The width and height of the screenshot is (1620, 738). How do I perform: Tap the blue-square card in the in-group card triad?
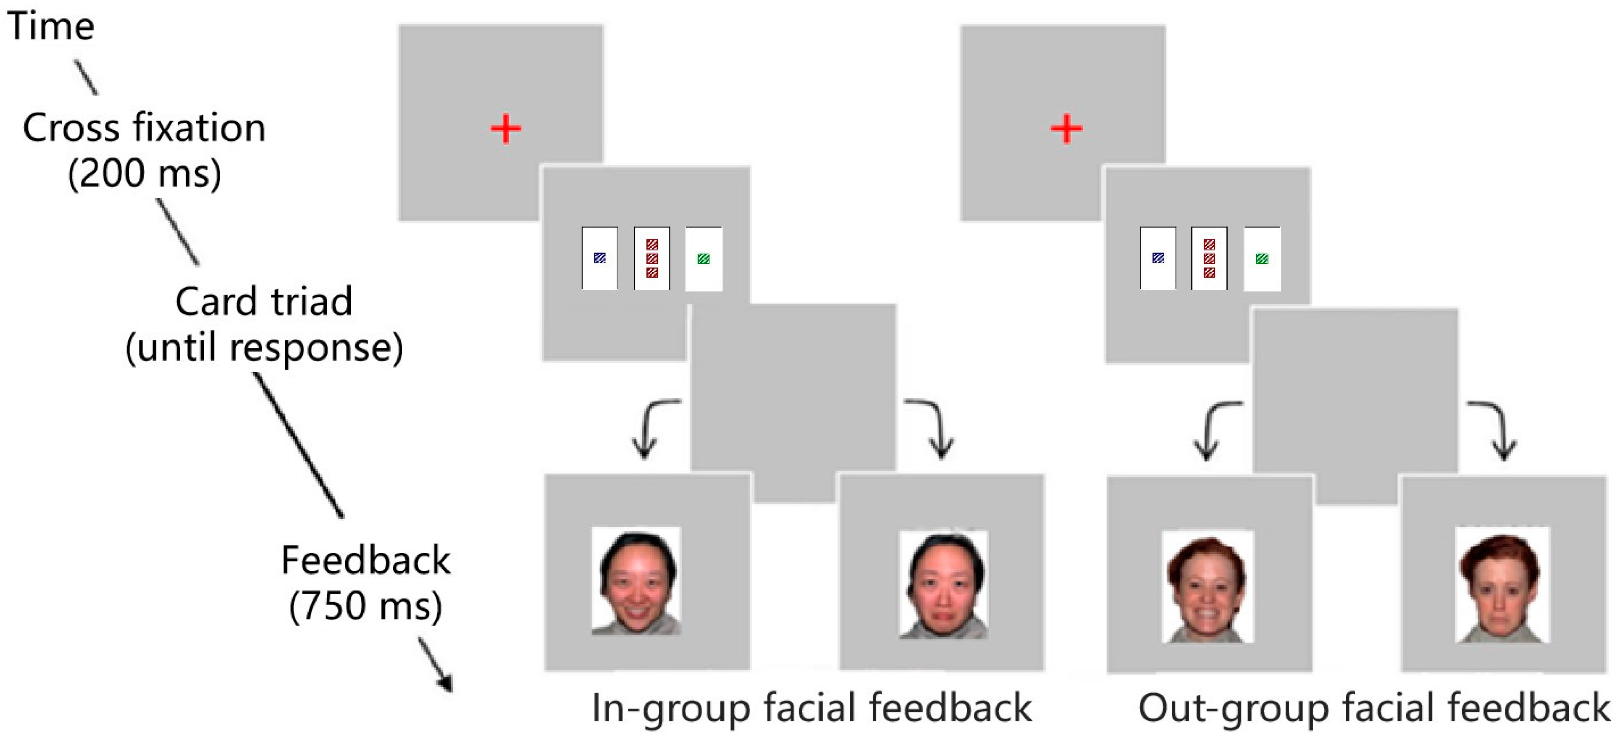click(x=599, y=258)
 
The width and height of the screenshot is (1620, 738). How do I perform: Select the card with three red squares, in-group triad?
click(x=651, y=258)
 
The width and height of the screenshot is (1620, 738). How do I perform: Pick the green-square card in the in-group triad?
click(x=704, y=258)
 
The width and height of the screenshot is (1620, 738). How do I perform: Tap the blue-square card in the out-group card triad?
click(x=1158, y=258)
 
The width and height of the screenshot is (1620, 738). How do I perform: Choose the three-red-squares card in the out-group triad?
click(x=1209, y=258)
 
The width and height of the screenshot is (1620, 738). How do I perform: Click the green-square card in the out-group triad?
click(x=1262, y=258)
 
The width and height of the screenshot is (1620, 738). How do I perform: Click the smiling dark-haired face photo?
click(x=636, y=580)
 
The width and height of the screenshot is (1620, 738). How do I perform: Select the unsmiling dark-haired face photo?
click(x=943, y=584)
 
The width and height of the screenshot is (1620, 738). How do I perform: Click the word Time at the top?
click(x=51, y=26)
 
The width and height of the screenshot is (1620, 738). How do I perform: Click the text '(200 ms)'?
click(x=144, y=173)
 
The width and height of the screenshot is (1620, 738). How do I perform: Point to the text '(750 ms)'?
click(x=365, y=605)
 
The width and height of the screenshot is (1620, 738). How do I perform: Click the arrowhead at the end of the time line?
click(x=445, y=683)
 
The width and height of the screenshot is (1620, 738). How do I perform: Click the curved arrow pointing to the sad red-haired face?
click(x=1497, y=428)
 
